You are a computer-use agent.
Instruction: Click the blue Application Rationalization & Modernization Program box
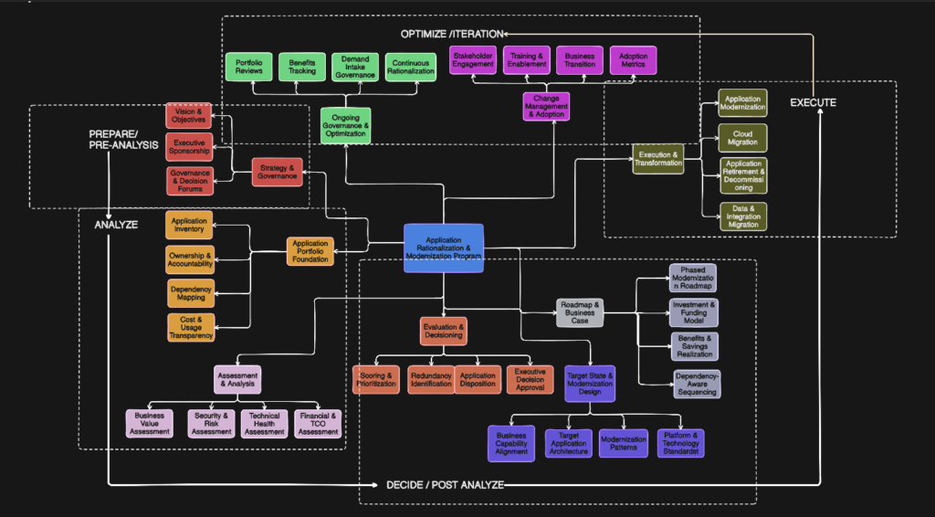(443, 248)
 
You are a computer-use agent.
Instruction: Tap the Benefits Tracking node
(301, 66)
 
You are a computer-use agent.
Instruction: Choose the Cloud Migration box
(742, 137)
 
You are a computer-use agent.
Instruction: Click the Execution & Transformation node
(657, 160)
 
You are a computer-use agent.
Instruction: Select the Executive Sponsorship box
(189, 146)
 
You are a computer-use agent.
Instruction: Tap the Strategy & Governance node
(277, 172)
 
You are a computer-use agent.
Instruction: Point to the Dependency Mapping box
(191, 293)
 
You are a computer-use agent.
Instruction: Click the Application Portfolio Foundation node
(310, 250)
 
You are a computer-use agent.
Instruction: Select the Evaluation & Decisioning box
(444, 331)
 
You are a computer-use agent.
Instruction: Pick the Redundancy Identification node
(431, 379)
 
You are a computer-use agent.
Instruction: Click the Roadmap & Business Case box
(581, 312)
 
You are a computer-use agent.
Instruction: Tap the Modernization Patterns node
(624, 443)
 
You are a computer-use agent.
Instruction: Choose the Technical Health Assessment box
(264, 424)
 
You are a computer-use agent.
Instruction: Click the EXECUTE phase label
(813, 102)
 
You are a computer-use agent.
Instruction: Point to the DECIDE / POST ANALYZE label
(445, 484)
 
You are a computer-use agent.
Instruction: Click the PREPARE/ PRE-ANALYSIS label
(123, 139)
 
